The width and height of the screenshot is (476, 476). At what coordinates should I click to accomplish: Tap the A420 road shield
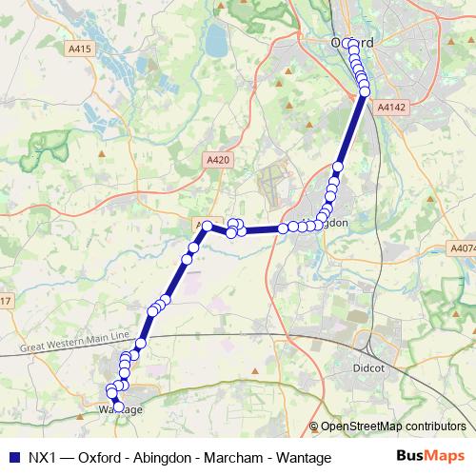(218, 163)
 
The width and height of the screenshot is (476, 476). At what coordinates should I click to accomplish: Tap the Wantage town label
(121, 410)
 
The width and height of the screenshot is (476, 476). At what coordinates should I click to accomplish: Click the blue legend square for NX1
(12, 458)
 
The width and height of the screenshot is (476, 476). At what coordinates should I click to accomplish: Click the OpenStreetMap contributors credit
(393, 426)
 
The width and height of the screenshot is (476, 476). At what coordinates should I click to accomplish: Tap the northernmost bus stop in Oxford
(353, 45)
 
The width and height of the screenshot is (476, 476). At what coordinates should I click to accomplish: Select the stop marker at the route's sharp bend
(205, 227)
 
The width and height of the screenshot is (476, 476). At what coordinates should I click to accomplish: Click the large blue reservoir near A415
(216, 41)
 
